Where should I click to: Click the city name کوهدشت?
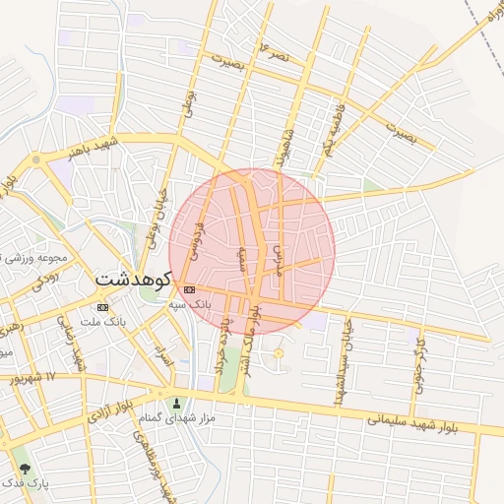(x=135, y=279)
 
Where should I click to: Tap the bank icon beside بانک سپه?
(x=189, y=289)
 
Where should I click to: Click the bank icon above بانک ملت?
(x=102, y=306)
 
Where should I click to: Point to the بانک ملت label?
(x=103, y=322)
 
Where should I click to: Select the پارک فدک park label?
(x=26, y=483)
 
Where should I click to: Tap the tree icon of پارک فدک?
(x=26, y=469)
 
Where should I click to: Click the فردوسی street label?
(x=202, y=238)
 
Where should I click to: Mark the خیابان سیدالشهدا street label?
(x=344, y=363)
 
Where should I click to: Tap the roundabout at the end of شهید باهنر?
(x=36, y=158)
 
